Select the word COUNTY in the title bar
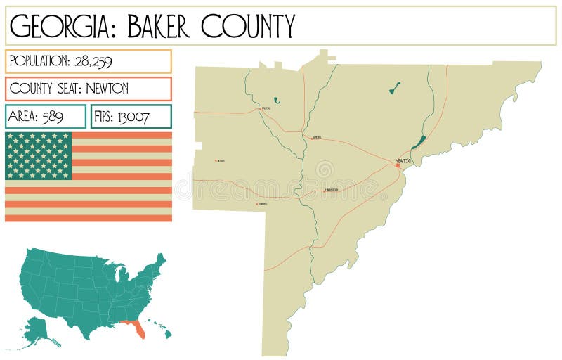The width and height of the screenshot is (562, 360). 248,26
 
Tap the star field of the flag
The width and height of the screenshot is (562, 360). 39,155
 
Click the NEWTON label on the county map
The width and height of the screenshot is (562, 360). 403,161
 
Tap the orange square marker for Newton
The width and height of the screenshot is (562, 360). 398,166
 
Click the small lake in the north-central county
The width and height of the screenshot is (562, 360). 395,88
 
